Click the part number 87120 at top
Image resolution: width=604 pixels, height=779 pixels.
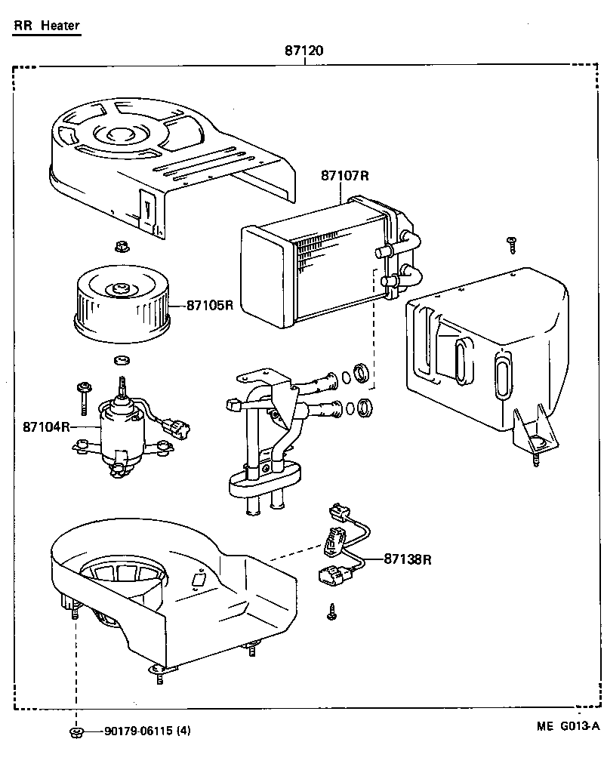click(304, 51)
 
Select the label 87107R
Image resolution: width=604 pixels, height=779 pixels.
click(344, 175)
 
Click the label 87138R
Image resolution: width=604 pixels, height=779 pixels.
click(407, 559)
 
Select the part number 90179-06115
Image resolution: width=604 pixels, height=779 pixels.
click(139, 731)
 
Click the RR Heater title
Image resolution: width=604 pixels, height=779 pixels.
click(46, 26)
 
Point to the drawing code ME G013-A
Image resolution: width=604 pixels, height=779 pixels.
click(568, 726)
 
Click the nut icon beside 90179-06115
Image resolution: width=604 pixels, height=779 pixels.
click(75, 731)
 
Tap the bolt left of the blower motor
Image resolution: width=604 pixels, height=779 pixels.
click(82, 393)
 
